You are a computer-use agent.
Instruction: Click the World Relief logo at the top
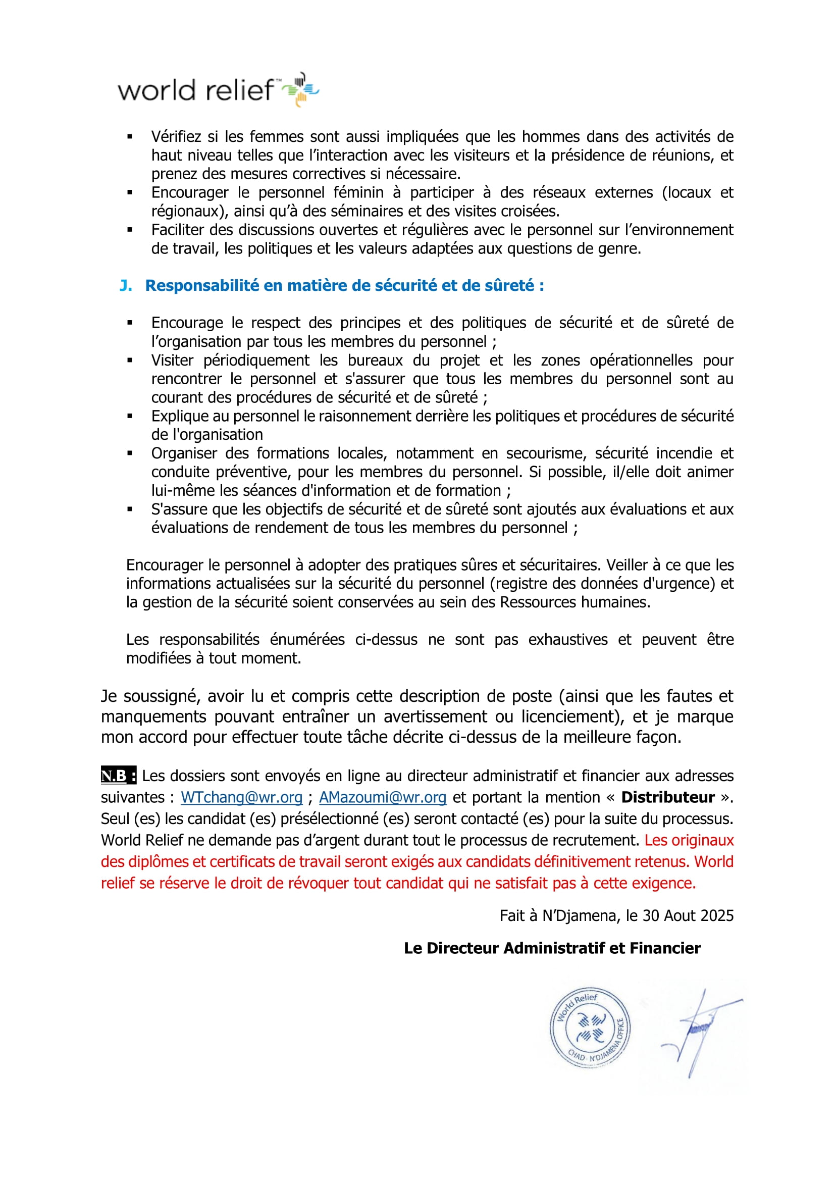(219, 90)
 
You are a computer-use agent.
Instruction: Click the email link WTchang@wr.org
(241, 797)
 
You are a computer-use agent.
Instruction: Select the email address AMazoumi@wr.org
(383, 797)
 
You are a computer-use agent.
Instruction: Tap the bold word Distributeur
(667, 797)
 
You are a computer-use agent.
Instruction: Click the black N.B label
(118, 776)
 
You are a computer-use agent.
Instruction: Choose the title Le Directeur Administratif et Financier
(552, 948)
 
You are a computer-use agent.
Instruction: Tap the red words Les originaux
(689, 841)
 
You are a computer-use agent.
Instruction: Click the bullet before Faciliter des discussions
(130, 230)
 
